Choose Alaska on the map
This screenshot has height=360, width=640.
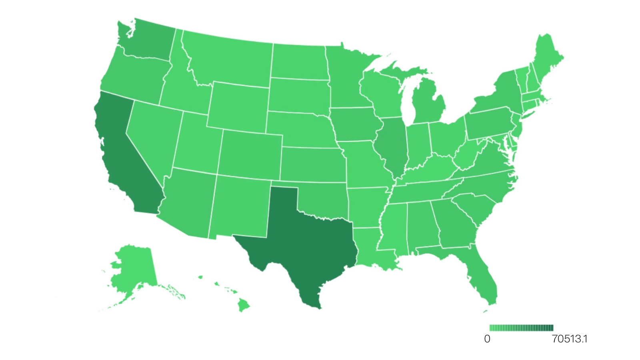(x=134, y=268)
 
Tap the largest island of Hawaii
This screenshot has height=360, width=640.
(x=243, y=306)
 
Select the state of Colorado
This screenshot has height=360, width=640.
(x=250, y=154)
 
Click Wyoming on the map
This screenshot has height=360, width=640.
(x=238, y=106)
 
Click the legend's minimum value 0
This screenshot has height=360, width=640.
(x=487, y=339)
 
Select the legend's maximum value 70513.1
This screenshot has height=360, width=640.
(x=570, y=339)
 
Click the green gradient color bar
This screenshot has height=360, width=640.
(x=521, y=328)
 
